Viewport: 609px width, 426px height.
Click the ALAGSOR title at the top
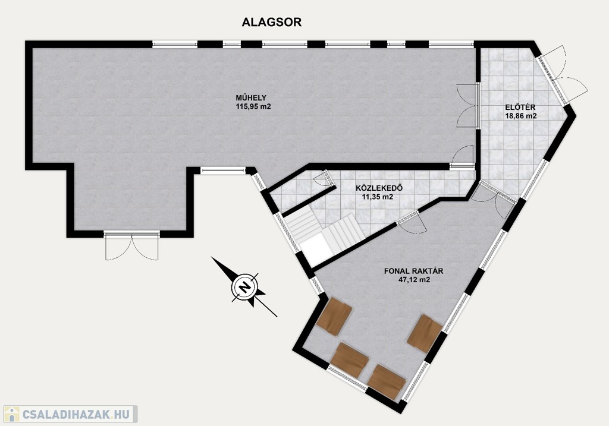click(x=271, y=22)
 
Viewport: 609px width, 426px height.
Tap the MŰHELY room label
click(x=251, y=98)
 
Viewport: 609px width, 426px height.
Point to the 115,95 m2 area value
click(x=253, y=106)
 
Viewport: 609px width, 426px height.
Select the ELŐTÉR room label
click(x=520, y=108)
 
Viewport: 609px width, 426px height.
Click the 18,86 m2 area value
click(x=521, y=116)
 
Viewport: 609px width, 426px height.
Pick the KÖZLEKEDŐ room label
click(x=379, y=188)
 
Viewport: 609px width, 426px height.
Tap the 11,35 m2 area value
click(x=378, y=197)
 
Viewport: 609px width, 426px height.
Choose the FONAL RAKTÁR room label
click(x=414, y=271)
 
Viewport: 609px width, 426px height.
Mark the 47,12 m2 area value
click(x=414, y=280)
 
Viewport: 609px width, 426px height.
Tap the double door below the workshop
click(x=132, y=245)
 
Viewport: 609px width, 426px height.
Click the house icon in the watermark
click(x=11, y=414)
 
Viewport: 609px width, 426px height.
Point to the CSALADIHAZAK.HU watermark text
click(x=76, y=414)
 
